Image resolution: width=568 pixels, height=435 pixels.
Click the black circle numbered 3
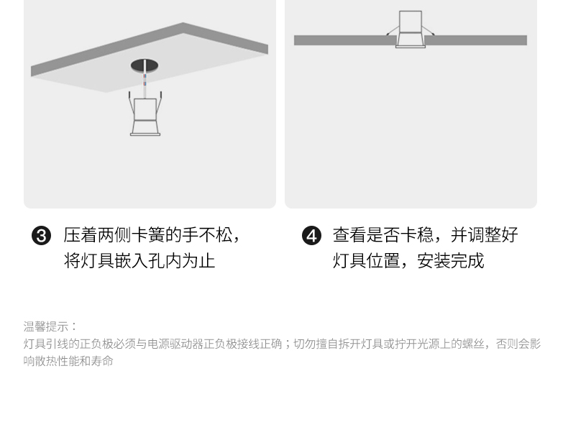[x=42, y=236]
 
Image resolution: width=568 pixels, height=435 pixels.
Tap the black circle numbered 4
[x=311, y=236]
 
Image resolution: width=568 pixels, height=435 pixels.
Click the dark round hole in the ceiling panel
[x=145, y=66]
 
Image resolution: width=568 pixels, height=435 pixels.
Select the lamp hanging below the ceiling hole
[x=145, y=116]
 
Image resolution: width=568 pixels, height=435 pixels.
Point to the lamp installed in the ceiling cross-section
[x=411, y=29]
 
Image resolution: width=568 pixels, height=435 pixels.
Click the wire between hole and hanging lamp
[x=145, y=85]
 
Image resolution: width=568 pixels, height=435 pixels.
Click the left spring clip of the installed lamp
[x=391, y=31]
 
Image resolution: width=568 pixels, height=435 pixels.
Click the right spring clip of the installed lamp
[x=429, y=31]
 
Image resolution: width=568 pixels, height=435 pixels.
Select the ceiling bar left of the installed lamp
[x=344, y=40]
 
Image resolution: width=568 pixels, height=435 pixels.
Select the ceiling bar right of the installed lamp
[x=476, y=40]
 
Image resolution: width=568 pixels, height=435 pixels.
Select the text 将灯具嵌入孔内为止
[x=139, y=260]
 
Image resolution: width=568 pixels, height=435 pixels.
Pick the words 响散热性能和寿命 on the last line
[x=68, y=361]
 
